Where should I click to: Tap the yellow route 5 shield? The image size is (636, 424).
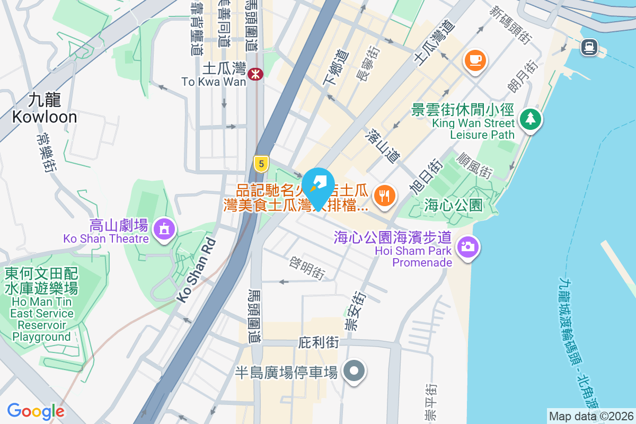(260, 163)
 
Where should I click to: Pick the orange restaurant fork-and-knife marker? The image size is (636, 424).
(384, 196)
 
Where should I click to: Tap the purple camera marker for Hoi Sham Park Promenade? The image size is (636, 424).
(467, 246)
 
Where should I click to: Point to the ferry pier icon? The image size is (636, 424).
(589, 47)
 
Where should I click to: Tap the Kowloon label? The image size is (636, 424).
(45, 108)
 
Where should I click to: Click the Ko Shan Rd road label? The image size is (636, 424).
(197, 270)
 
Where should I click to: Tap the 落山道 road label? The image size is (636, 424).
(382, 144)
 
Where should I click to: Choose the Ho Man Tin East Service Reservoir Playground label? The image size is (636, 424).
(41, 305)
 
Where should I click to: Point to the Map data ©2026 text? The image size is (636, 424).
(590, 416)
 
